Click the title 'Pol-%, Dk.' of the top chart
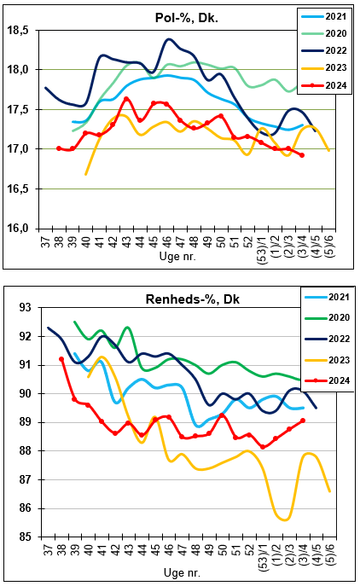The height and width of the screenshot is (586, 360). [x=187, y=18]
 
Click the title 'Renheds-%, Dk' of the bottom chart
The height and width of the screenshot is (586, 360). [x=193, y=299]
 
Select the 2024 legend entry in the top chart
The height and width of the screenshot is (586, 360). [x=324, y=85]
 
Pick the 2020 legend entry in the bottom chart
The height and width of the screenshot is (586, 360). [x=328, y=317]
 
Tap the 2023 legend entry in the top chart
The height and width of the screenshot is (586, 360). [x=324, y=67]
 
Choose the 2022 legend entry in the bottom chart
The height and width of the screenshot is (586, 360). [x=328, y=339]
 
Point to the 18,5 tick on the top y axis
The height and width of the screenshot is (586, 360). [x=18, y=30]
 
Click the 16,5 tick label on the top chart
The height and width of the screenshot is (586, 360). [x=18, y=189]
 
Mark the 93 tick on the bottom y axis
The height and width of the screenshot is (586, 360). [x=27, y=308]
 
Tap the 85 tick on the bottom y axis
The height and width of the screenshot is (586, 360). [x=27, y=537]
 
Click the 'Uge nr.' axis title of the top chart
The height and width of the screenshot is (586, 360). [x=177, y=257]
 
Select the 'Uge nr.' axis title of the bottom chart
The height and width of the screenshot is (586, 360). [x=182, y=572]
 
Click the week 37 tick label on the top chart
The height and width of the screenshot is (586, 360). [x=45, y=239]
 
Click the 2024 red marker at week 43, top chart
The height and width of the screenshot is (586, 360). [x=126, y=99]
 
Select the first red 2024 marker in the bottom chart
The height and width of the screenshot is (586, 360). [x=61, y=359]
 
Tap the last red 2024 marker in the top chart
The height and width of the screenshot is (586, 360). [x=302, y=155]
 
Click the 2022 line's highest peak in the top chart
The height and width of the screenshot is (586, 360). [x=169, y=39]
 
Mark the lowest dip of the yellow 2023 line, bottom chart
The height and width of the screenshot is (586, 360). [x=285, y=519]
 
